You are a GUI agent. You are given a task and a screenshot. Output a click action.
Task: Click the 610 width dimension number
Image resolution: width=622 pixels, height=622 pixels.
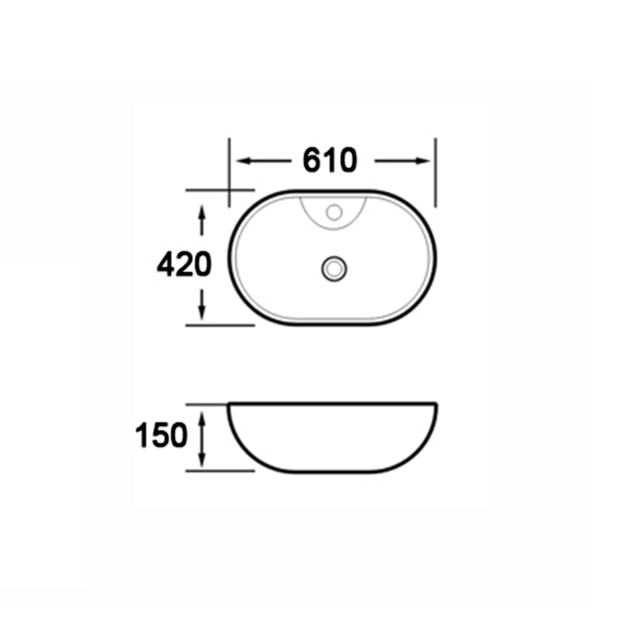329,160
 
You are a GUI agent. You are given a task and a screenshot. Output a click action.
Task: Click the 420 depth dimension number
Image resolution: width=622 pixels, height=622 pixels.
184,264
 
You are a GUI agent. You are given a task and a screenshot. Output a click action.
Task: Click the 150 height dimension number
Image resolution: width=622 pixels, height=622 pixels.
161,435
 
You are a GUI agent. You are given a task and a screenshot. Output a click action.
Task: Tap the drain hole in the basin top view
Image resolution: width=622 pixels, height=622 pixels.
334,269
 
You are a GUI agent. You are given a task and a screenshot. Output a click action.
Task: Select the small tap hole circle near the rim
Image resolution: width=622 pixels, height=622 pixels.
334,212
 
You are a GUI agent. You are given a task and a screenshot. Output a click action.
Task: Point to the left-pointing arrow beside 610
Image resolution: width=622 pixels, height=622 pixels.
264,161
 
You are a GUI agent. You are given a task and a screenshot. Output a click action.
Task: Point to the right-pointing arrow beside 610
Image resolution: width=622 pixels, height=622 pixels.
402,161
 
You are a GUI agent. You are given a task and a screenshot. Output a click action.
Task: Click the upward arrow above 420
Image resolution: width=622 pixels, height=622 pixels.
202,221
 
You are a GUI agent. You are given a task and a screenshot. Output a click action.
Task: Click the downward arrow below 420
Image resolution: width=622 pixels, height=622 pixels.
202,304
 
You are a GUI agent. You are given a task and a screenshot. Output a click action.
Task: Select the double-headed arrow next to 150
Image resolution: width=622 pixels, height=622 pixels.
202,439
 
